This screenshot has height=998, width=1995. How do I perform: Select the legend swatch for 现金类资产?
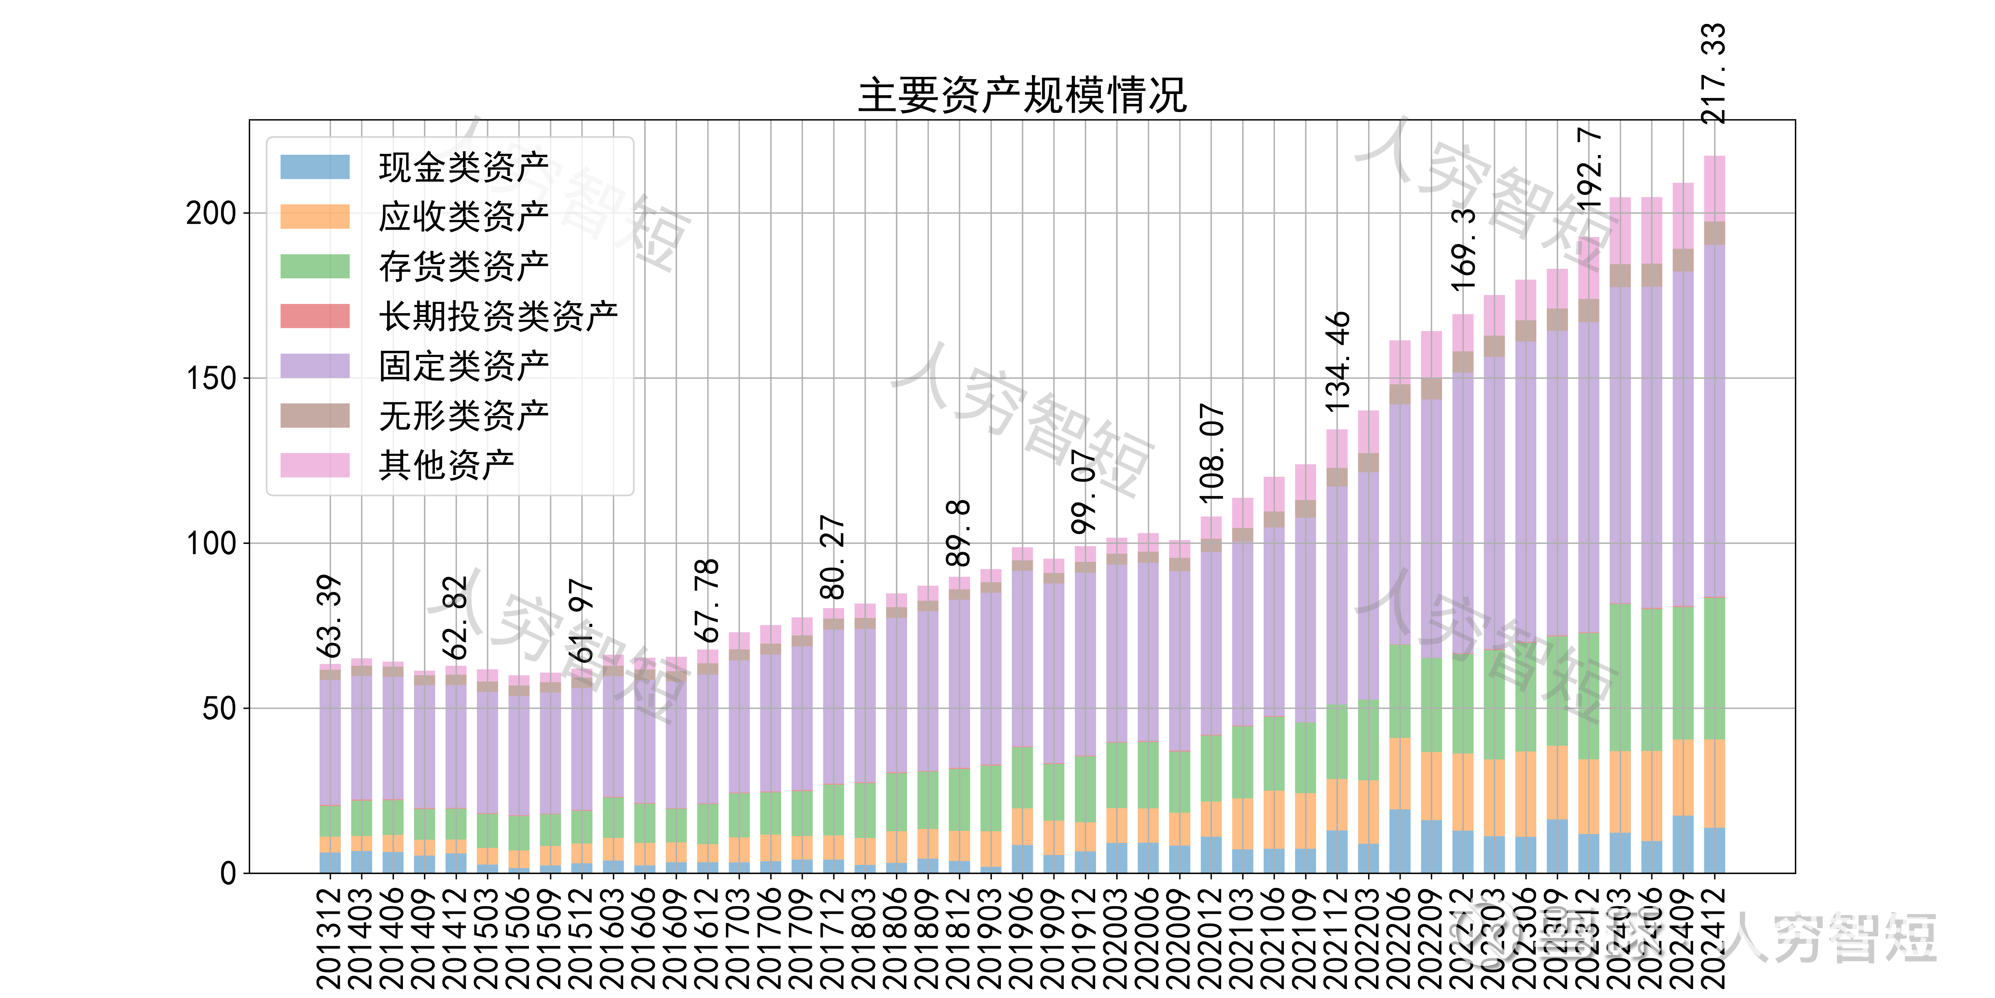315,167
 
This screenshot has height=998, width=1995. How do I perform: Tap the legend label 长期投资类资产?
498,316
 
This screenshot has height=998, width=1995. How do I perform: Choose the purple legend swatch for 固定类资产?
315,366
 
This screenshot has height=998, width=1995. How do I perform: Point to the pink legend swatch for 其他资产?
315,465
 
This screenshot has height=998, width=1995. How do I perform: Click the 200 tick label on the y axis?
211,213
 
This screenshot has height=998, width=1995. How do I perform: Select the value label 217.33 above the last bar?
1713,74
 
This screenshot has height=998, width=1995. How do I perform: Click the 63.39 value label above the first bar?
329,616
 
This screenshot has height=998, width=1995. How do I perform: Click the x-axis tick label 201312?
329,938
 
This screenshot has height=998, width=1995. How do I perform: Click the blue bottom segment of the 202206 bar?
1400,841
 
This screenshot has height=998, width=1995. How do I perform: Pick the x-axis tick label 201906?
1022,938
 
